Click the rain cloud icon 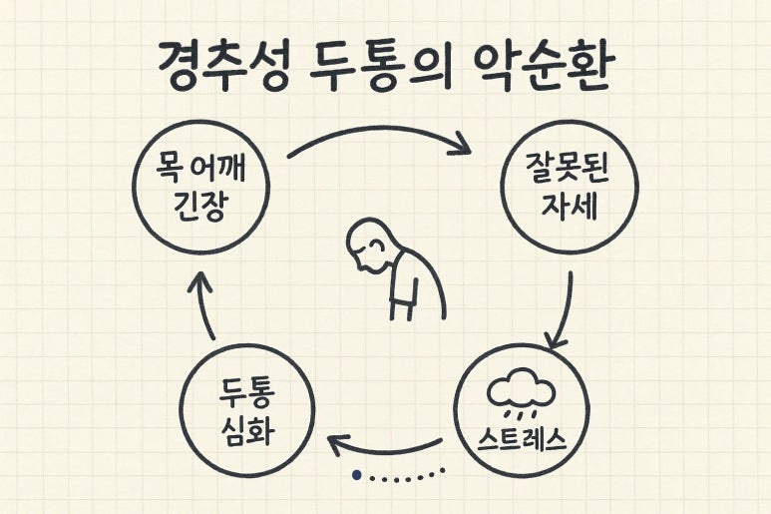point(520,392)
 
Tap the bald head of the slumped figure point(366,247)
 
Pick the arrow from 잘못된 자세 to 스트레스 point(565,309)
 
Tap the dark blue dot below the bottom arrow point(356,476)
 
